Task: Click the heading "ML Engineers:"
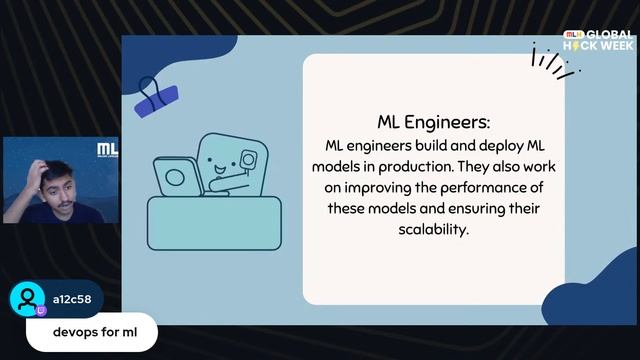(433, 122)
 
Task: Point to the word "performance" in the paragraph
(481, 186)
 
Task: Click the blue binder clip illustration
(156, 95)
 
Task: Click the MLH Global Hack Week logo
(599, 40)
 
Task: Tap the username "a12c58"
(69, 299)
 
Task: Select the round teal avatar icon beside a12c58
(27, 300)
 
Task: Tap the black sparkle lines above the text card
(553, 59)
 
